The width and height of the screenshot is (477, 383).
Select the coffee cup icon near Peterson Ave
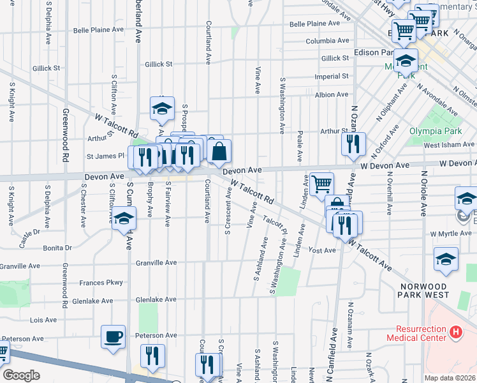[x=114, y=336]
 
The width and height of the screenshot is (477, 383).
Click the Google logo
[x=21, y=375]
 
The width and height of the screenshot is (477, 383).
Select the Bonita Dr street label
[x=57, y=248]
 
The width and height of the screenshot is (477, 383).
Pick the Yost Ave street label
[x=321, y=250]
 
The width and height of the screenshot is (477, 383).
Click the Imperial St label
[x=332, y=77]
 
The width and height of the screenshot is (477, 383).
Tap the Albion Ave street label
[x=332, y=94]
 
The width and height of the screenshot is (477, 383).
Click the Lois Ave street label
[x=44, y=320]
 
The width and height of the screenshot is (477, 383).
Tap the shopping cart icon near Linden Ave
[x=321, y=184]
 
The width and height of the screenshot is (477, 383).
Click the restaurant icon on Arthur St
[x=353, y=144]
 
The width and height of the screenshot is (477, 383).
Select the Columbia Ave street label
[x=328, y=41]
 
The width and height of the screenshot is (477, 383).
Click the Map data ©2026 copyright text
[x=449, y=378]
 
